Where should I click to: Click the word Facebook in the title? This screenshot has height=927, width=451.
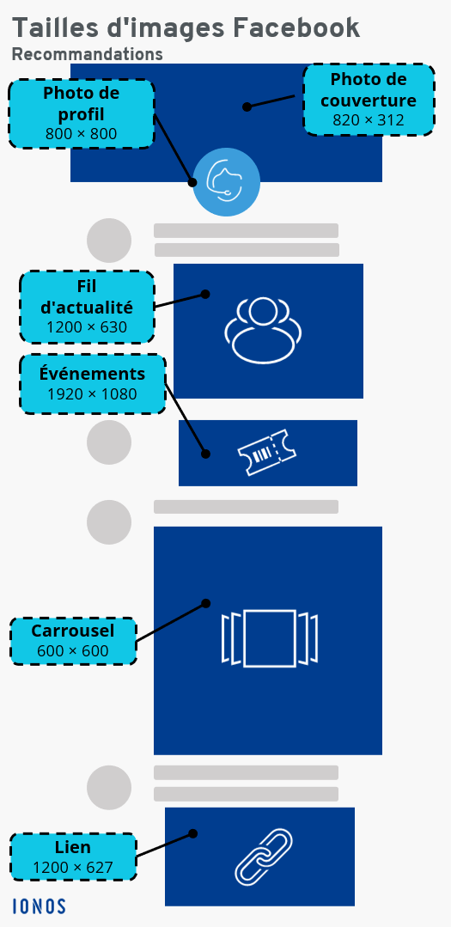pos(296,27)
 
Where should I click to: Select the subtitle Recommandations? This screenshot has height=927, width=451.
pos(88,54)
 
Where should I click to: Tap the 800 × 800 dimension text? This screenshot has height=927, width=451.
pos(81,134)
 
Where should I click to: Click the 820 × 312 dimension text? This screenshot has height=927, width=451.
pos(369,120)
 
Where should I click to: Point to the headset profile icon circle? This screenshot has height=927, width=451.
pos(227,182)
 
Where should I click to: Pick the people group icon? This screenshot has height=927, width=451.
pos(263,329)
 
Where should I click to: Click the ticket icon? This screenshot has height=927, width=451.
pos(267,452)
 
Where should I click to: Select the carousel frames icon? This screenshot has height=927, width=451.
pos(270,638)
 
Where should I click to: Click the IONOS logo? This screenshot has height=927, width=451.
pos(39,906)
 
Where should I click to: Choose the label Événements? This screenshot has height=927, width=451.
pos(92,375)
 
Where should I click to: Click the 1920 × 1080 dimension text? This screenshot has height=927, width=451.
pos(92,394)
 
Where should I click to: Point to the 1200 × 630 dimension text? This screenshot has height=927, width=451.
pos(87,327)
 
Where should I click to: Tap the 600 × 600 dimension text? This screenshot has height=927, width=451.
pos(73,651)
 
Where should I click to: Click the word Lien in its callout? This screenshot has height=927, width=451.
pos(73,847)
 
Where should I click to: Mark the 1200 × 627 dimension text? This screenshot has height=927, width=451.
pos(73,867)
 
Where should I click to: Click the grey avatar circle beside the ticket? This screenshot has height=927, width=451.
pos(109,442)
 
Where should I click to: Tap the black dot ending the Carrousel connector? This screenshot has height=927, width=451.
pos(205,604)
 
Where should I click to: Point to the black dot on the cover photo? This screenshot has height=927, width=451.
pos(247,107)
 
